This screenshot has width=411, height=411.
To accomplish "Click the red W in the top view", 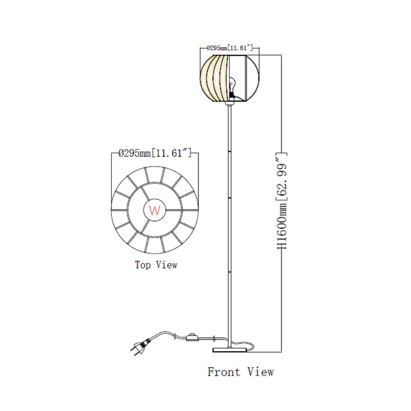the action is pos(155,210).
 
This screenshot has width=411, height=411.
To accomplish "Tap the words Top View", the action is pos(156,265).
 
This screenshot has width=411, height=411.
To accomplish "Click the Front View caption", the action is pos(240,372).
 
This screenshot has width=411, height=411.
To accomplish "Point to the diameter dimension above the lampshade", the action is pos(230,48).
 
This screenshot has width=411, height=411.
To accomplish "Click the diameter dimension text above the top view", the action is pos(155,153).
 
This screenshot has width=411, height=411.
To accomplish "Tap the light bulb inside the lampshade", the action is pos(232,84).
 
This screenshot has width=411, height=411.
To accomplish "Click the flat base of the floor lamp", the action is pos(230,350).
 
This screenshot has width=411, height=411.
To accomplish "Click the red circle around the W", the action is pos(155,210).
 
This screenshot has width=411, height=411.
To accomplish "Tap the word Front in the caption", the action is pos(224,372).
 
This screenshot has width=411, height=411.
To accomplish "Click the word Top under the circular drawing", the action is pos(143,265).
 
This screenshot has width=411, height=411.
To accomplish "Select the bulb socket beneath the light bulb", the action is pos(231,94).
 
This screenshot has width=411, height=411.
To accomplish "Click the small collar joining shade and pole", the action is pos(230,104).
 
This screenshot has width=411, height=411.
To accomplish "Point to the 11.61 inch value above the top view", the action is pos(171,153).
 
